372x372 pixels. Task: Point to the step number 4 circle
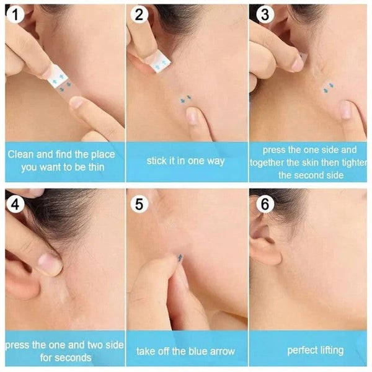(15, 203)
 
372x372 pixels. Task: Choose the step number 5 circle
(138, 203)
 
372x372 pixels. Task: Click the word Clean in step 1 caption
(22, 154)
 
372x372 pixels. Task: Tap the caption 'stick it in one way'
(185, 161)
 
